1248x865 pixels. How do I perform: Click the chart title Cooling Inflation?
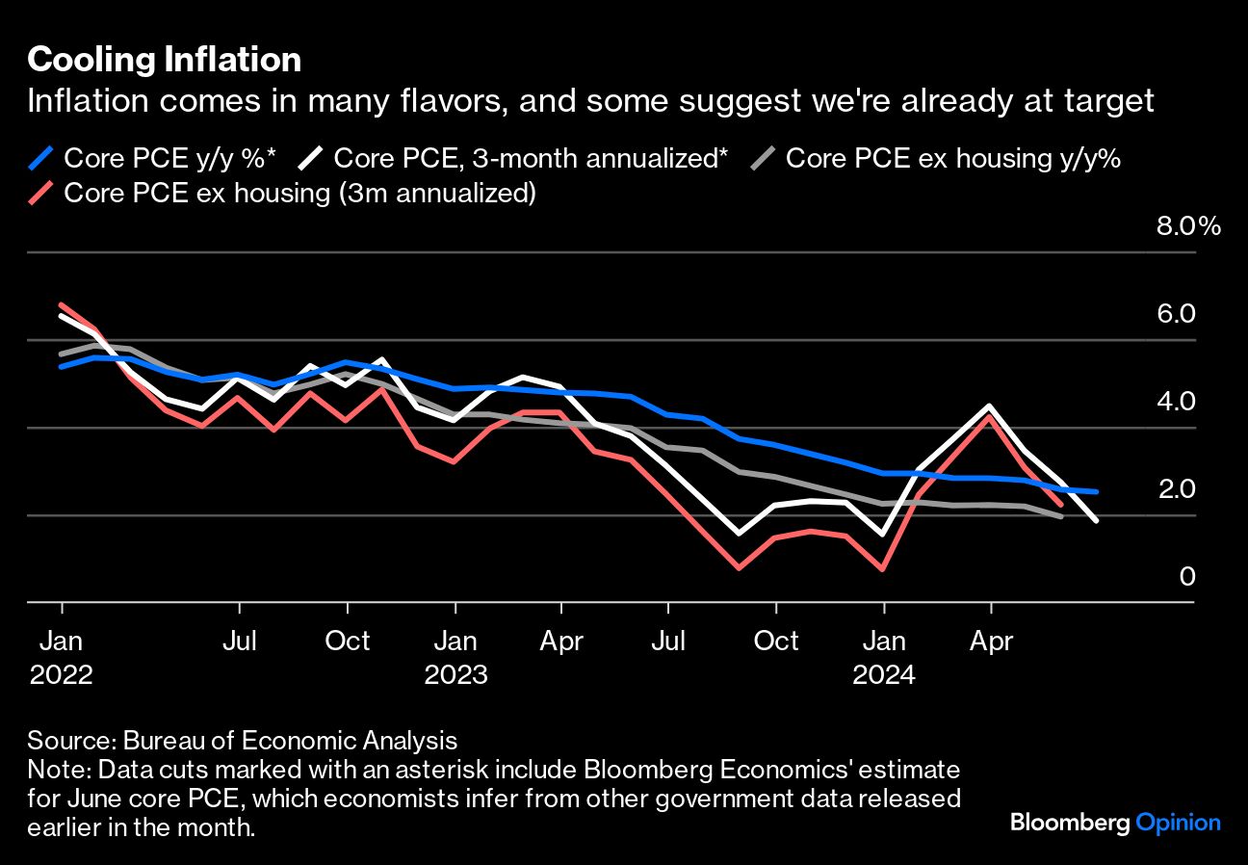(164, 61)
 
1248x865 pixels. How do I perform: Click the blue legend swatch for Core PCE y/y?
(41, 158)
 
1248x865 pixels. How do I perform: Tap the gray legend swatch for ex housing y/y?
(764, 158)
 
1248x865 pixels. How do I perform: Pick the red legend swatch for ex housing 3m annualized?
(41, 193)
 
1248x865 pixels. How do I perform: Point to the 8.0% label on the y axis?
(1187, 227)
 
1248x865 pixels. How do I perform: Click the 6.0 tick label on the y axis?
(1175, 314)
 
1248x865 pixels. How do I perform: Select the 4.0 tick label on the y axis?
(1175, 402)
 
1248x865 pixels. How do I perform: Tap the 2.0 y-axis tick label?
(1175, 489)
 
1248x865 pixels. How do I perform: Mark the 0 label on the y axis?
(1186, 576)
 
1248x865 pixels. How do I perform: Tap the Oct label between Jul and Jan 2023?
(347, 642)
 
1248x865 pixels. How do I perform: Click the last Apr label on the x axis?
(991, 642)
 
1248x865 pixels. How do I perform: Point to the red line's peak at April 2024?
(989, 416)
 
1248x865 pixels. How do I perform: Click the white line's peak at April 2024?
(990, 406)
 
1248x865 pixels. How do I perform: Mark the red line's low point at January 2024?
(883, 569)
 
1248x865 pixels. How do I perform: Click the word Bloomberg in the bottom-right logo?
(1069, 824)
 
